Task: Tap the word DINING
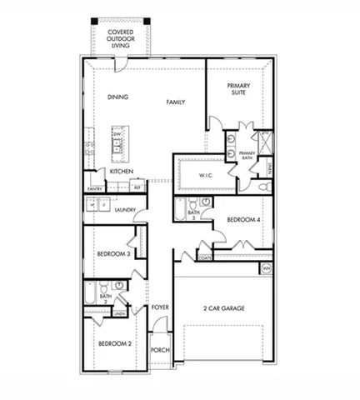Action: point(118,97)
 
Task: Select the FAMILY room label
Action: point(176,102)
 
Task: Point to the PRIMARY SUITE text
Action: point(239,89)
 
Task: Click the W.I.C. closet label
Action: point(207,176)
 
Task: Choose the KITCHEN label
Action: point(122,171)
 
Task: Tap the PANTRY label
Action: point(94,189)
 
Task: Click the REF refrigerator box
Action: point(137,188)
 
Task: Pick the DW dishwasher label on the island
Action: point(118,134)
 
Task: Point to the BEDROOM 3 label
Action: point(112,253)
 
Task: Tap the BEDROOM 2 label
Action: point(113,343)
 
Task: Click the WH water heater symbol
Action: point(266,268)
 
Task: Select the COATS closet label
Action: point(204,258)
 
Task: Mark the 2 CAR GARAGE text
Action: point(222,308)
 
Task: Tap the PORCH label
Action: point(160,351)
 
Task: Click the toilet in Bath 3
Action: point(192,202)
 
